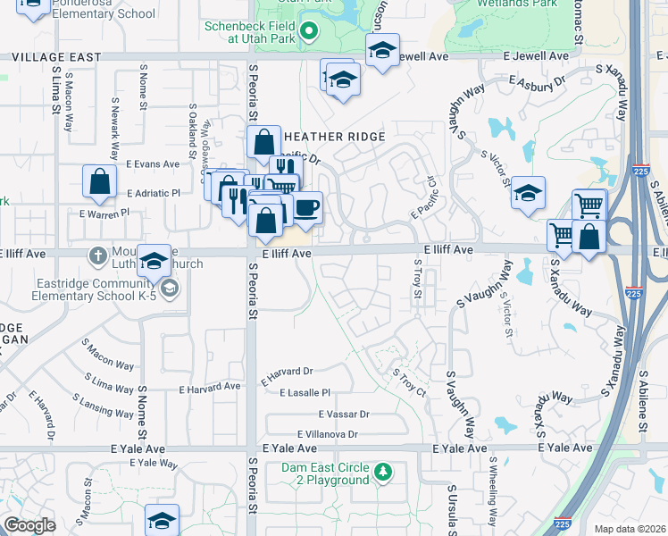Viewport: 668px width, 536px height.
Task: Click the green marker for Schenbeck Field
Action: tap(309, 32)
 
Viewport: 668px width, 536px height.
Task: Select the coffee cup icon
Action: tap(306, 207)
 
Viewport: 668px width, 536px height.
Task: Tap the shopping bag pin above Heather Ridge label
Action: tap(264, 141)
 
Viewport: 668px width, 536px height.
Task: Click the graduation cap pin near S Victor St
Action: tap(529, 193)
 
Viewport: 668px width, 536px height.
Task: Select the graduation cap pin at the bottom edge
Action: tap(162, 519)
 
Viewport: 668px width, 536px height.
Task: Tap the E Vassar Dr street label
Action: tap(344, 415)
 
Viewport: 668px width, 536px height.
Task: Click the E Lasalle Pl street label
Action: tap(305, 392)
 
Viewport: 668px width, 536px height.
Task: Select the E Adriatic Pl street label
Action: tap(153, 192)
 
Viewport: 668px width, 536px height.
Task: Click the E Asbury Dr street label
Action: tap(537, 81)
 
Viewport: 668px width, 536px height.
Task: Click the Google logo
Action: tap(29, 526)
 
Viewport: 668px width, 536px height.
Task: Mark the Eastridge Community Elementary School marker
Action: tap(169, 288)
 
